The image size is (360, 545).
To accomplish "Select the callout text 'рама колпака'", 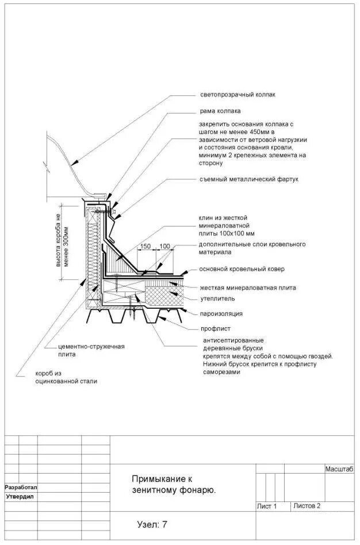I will point(220,111).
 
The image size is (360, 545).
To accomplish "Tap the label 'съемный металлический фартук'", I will point(249,179).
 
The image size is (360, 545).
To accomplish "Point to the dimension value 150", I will point(145,246).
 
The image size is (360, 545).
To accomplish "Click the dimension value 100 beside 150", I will point(165,246).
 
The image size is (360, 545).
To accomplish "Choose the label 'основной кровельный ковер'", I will point(242,269).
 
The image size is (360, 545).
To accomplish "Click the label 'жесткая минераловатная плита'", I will point(248,287).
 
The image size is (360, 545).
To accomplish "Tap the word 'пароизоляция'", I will point(221,314).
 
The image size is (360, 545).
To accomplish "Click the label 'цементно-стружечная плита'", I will point(91,351).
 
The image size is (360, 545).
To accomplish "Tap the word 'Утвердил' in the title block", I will point(20,496).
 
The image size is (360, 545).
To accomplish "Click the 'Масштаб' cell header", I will point(339,470).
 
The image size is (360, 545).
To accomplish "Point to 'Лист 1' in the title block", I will point(267,506).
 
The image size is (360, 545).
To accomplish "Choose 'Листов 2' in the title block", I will point(307,506).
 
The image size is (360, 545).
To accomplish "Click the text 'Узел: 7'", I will point(152,524).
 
